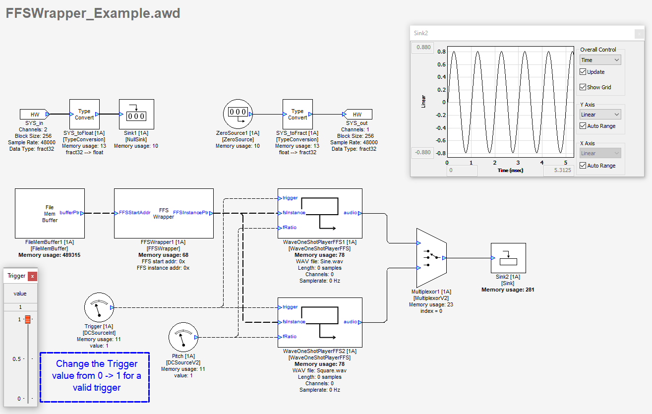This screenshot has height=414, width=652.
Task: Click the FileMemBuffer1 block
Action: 50,213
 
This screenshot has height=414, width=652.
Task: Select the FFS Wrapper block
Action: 164,213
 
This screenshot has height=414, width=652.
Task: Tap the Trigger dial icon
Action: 99,307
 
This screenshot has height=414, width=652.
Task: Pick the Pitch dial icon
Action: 183,337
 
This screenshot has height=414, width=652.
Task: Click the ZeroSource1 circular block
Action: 237,114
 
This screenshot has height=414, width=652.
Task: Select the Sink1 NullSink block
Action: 136,114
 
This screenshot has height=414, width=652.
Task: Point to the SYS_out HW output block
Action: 357,115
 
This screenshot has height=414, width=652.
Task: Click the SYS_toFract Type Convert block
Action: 297,114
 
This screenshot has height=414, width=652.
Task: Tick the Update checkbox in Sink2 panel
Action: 583,72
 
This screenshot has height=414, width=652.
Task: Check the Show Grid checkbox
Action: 583,87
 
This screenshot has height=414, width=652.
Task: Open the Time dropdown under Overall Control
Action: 600,60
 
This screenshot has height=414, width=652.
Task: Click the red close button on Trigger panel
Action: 32,276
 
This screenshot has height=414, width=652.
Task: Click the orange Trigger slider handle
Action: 28,319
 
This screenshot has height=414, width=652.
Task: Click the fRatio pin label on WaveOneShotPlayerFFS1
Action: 290,228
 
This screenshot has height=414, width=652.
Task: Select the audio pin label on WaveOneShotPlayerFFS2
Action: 350,322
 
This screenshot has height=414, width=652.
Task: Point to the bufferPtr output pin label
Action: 69,213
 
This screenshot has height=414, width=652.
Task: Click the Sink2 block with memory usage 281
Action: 508,258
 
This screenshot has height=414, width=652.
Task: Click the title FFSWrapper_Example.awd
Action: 93,13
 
